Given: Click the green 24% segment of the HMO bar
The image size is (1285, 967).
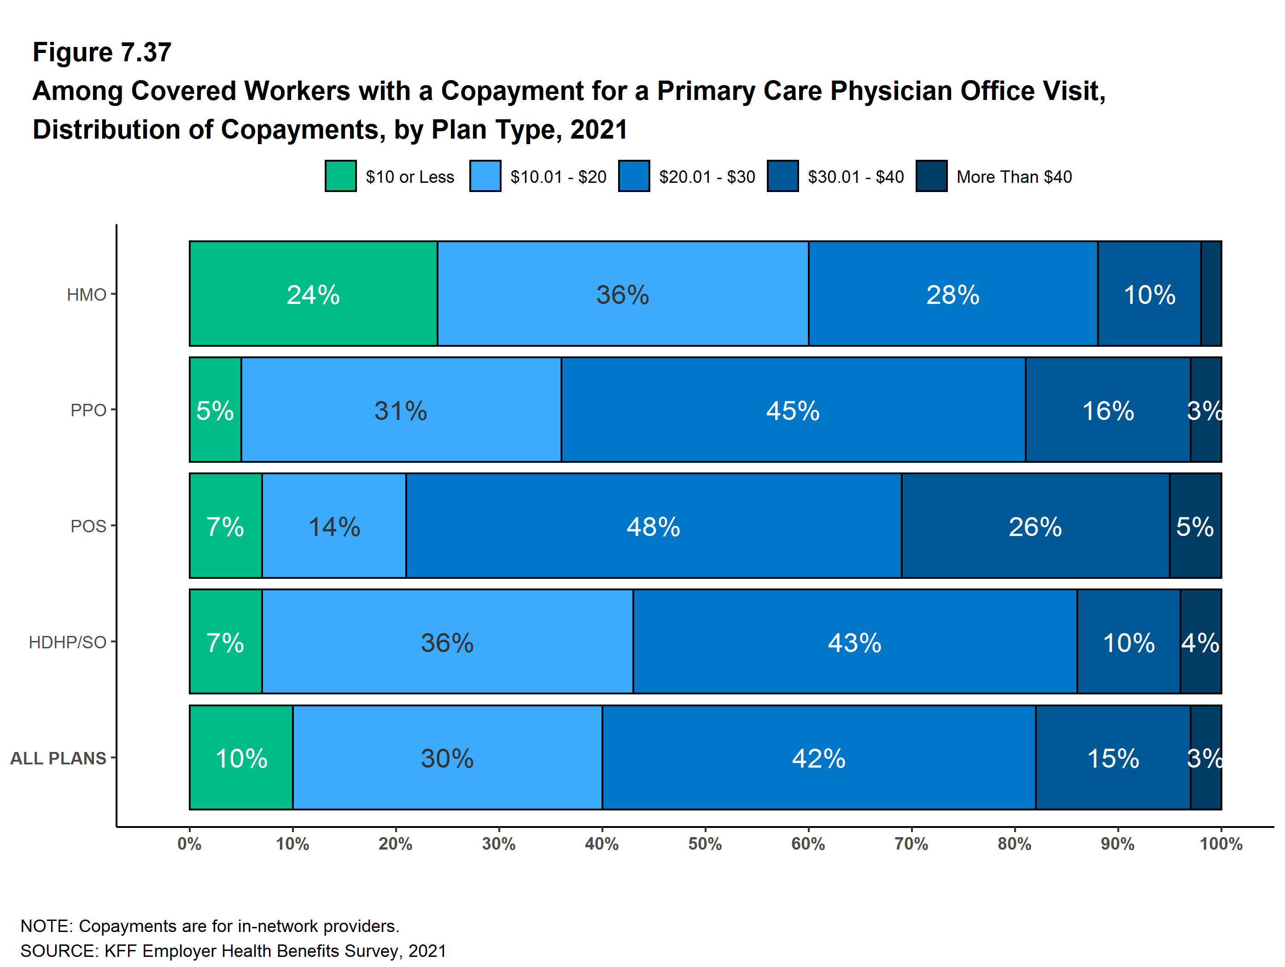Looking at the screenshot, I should pyautogui.click(x=313, y=294).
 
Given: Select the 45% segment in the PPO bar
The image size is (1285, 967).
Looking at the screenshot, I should pyautogui.click(x=793, y=410).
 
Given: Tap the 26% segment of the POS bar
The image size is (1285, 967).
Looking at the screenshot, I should pyautogui.click(x=1035, y=526).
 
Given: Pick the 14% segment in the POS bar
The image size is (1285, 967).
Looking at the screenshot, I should pyautogui.click(x=334, y=526).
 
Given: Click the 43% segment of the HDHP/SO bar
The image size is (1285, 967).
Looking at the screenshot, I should pyautogui.click(x=854, y=642).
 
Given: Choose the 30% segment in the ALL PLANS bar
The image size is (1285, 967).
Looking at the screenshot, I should pyautogui.click(x=447, y=758).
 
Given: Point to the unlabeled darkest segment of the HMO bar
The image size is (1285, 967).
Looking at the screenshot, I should pyautogui.click(x=1211, y=294).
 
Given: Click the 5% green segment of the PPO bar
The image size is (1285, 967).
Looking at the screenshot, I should pyautogui.click(x=215, y=410).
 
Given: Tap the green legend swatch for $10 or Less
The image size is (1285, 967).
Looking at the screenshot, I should pyautogui.click(x=340, y=176).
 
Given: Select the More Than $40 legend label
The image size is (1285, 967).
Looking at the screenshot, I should pyautogui.click(x=1014, y=176).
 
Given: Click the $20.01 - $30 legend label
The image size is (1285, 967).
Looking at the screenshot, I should pyautogui.click(x=707, y=176).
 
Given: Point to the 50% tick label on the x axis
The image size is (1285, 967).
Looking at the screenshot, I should pyautogui.click(x=705, y=844).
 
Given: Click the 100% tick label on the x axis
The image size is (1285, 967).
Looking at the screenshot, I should pyautogui.click(x=1221, y=844).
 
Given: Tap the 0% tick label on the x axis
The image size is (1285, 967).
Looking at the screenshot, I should pyautogui.click(x=189, y=844).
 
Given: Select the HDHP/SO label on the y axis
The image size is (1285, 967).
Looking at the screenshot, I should pyautogui.click(x=67, y=642).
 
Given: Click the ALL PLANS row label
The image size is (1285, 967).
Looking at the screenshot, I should pyautogui.click(x=58, y=758).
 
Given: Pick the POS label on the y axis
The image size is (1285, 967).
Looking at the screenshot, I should pyautogui.click(x=88, y=526).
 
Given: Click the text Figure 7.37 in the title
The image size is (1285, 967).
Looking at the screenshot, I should pyautogui.click(x=102, y=52).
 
